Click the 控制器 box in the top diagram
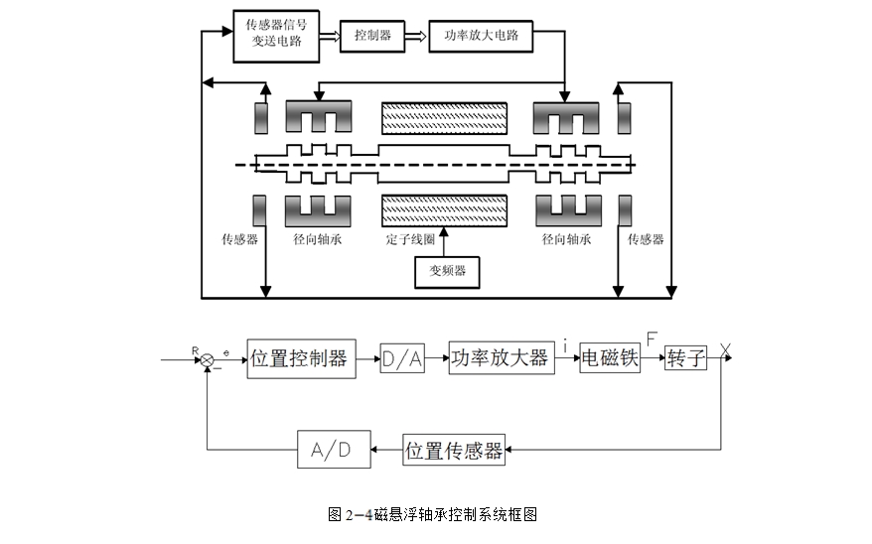[372, 36]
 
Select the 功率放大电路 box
[481, 36]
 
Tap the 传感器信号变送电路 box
[276, 36]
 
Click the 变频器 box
[447, 272]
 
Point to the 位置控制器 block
[301, 359]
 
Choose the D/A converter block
[402, 359]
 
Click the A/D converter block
[334, 449]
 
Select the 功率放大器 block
[502, 357]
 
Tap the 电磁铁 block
[610, 357]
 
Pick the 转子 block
[685, 357]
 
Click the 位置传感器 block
[454, 450]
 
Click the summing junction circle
[207, 360]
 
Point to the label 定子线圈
[410, 239]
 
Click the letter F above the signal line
[652, 339]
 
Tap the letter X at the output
[725, 350]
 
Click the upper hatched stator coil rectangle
[444, 118]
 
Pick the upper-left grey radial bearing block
[319, 117]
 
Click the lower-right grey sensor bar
[625, 210]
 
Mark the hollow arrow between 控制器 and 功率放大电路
[416, 37]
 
